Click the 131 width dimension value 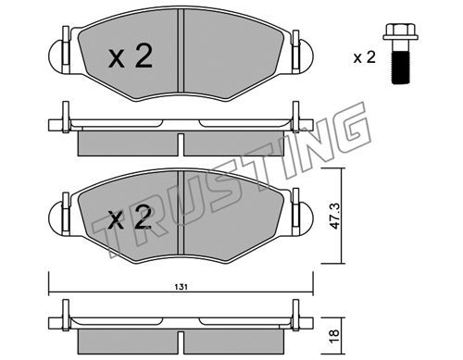182,287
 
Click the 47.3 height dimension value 334,216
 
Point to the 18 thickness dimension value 334,335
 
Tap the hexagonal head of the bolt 400,32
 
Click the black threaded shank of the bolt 400,68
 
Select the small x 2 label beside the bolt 365,57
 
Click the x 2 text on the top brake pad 131,56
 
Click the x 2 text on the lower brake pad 131,217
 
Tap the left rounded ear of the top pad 56,56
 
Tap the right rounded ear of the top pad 307,56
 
